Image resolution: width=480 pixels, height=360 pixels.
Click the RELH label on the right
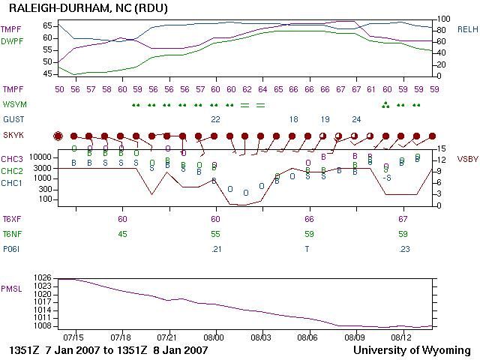pos(467,29)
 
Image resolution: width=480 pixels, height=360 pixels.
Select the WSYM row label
pos(14,104)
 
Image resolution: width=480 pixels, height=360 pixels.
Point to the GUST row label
pos(13,119)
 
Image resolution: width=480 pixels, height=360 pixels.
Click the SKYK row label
pos(13,136)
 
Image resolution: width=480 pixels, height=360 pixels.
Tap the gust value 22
pos(216,119)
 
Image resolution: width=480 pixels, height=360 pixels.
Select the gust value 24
pos(356,119)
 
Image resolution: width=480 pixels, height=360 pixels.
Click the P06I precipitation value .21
pos(216,249)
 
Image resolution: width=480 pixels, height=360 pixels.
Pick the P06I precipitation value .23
pos(403,249)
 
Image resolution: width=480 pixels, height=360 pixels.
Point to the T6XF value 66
pos(309,219)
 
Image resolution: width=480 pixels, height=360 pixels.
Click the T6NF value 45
pos(122,234)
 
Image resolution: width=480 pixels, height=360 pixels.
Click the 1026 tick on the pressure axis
pos(43,277)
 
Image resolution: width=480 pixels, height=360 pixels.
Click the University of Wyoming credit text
pos(412,350)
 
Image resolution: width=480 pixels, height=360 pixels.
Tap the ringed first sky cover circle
pos(58,136)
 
